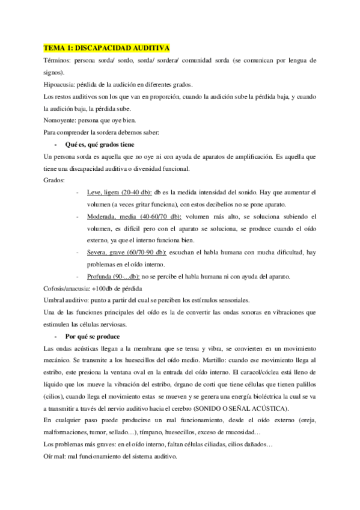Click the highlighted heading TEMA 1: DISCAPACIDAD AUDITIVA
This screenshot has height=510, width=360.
107,48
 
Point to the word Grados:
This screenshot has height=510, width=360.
56,180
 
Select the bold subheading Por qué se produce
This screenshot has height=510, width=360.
92,336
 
